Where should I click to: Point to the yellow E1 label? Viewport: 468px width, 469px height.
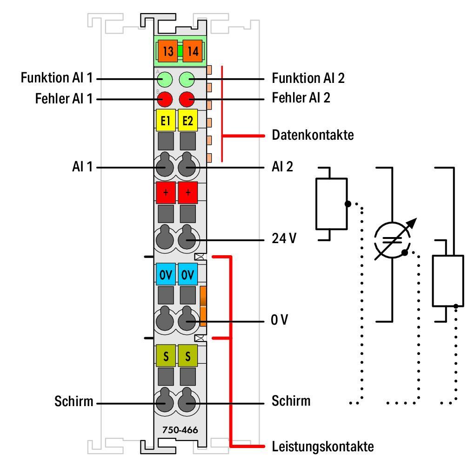(x=165, y=121)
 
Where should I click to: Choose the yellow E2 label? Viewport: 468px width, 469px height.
(x=188, y=121)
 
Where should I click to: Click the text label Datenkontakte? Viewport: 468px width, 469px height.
(x=313, y=136)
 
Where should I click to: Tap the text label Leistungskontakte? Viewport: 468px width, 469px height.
(x=322, y=447)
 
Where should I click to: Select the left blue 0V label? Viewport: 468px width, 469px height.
(x=166, y=275)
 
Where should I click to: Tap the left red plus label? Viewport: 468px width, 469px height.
(x=166, y=192)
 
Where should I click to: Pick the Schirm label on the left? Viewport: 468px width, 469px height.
(x=74, y=401)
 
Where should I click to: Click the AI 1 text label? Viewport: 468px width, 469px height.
(x=82, y=166)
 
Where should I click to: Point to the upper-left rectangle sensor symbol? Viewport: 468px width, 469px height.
(x=331, y=204)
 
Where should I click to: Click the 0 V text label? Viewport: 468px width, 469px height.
(x=281, y=320)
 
